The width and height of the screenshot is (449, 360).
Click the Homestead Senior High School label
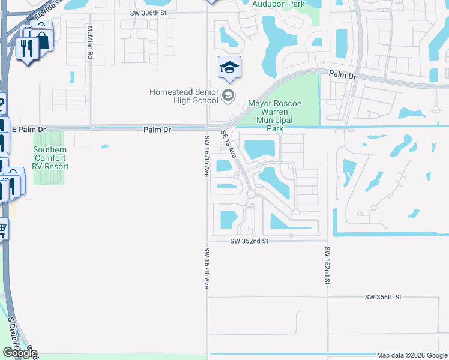coord(184,96)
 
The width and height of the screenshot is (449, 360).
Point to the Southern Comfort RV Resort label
coord(50,158)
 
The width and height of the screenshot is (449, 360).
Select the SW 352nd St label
coord(249,241)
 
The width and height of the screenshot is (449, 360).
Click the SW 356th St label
coord(382,297)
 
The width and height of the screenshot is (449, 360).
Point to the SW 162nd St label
coord(328,265)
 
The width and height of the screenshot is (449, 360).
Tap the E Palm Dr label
coord(29,130)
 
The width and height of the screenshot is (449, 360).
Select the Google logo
coord(20,353)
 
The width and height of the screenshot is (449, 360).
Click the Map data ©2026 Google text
coord(411,355)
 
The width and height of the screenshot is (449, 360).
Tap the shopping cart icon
coord(2,228)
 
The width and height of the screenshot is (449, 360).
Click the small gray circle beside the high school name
coord(228,95)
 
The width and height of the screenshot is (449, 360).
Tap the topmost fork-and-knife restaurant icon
coord(27,47)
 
